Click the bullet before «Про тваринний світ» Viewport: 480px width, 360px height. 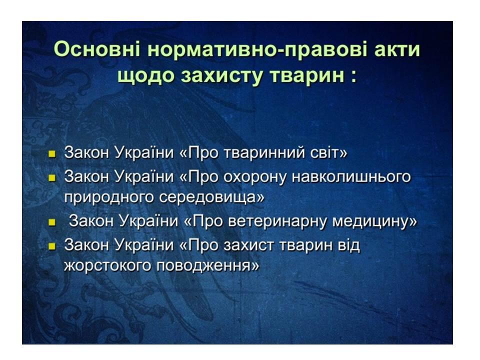pyautogui.click(x=52, y=153)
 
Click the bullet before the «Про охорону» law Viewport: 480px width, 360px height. pyautogui.click(x=52, y=177)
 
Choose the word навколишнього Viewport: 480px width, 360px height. pyautogui.click(x=351, y=176)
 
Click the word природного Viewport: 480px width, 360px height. pyautogui.click(x=109, y=197)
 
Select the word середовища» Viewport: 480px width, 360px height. pyautogui.click(x=211, y=197)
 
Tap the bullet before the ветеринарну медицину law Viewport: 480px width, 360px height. pyautogui.click(x=52, y=221)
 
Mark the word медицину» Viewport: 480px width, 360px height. pyautogui.click(x=374, y=221)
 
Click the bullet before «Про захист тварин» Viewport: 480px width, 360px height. pyautogui.click(x=52, y=246)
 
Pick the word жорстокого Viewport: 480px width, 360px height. pyautogui.click(x=108, y=265)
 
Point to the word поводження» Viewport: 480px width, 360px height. pyautogui.click(x=207, y=265)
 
